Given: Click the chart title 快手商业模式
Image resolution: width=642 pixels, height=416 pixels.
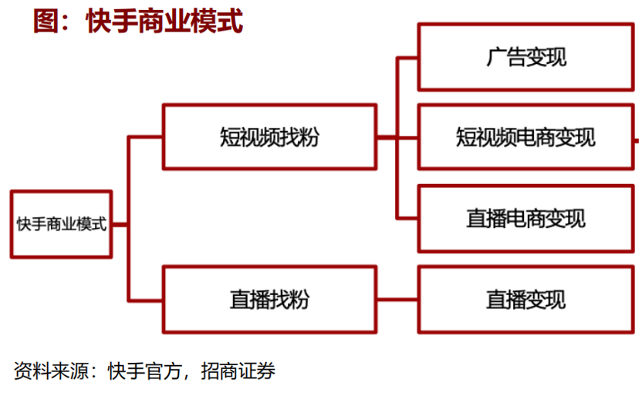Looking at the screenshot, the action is click(x=164, y=21).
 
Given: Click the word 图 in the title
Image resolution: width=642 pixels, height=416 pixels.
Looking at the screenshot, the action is click(x=46, y=21).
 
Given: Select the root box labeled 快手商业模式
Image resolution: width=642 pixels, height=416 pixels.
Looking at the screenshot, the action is click(x=62, y=224).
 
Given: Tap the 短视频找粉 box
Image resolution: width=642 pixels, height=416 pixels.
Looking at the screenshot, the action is click(x=269, y=137).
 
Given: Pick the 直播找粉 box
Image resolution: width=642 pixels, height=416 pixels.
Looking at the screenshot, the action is click(x=269, y=300).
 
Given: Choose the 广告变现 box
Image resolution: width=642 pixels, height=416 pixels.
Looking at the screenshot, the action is click(x=526, y=57).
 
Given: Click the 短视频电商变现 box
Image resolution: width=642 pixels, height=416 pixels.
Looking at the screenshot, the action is click(x=526, y=137).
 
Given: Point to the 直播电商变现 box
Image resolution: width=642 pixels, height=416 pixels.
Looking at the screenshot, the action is click(x=526, y=219).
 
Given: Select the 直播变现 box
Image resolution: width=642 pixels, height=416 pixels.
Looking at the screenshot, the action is click(x=526, y=300).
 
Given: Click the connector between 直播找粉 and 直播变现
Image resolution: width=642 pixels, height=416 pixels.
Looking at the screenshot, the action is click(x=397, y=300).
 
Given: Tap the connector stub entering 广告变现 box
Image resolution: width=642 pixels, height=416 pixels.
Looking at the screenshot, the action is click(x=407, y=59).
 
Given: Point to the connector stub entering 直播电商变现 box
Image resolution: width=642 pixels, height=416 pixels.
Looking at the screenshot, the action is click(x=407, y=218).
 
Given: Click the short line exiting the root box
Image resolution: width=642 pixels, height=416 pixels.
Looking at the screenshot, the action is click(x=120, y=224).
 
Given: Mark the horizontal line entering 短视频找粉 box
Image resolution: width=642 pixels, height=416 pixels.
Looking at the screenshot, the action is click(x=145, y=137).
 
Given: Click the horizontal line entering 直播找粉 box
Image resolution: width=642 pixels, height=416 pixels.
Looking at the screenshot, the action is click(x=145, y=300).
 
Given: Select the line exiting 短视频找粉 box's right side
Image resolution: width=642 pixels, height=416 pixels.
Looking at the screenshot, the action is click(x=387, y=137).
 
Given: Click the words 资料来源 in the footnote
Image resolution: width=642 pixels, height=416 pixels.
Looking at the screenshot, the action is click(x=51, y=371).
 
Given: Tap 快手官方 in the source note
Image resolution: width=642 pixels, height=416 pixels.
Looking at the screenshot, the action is click(x=144, y=371).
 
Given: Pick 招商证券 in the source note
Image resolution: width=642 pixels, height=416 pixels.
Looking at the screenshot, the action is click(x=238, y=371).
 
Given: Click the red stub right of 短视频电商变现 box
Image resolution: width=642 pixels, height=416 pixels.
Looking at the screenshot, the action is click(x=637, y=140).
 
